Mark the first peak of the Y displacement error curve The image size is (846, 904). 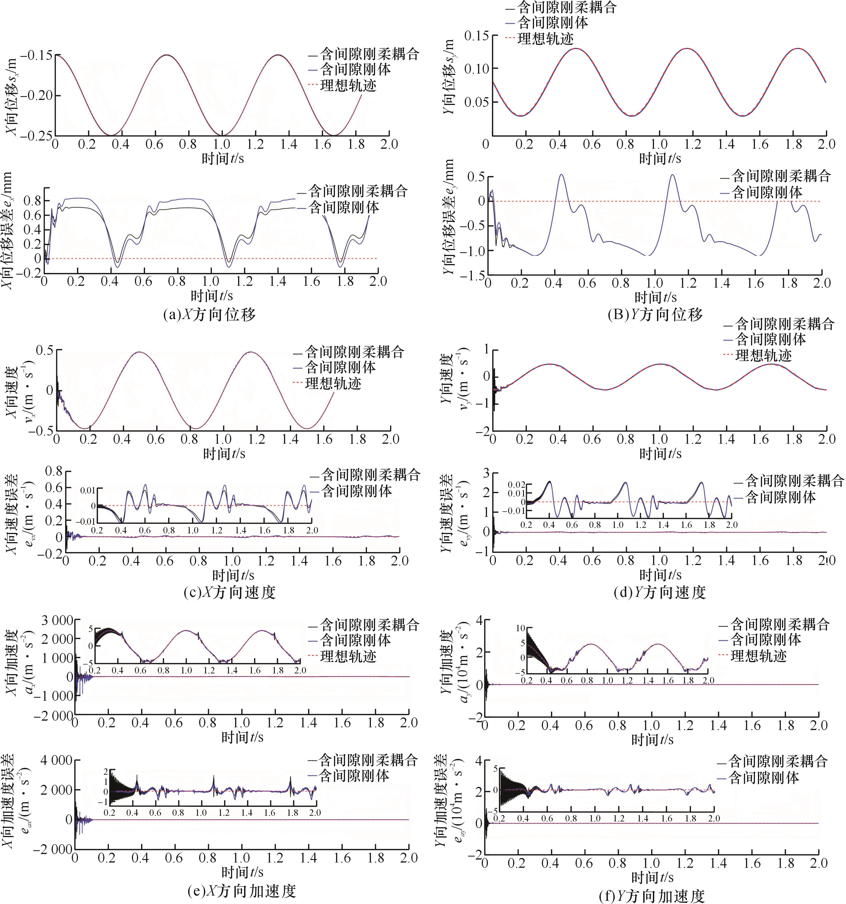click(561, 175)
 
